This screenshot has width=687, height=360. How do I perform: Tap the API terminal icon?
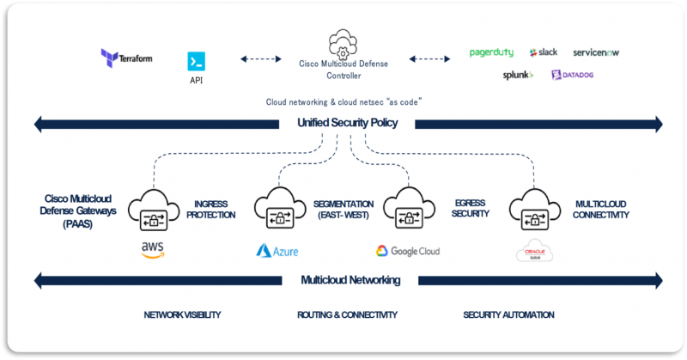tap(197, 61)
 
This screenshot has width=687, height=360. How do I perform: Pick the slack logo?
tap(544, 52)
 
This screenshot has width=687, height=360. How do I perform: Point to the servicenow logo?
tap(596, 52)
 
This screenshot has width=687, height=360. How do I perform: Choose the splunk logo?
tap(518, 76)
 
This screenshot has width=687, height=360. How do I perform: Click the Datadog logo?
tap(572, 76)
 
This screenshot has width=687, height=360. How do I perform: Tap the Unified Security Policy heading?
tap(347, 123)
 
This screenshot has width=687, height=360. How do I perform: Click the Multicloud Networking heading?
tap(350, 280)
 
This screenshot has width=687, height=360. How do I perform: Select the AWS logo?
tap(152, 249)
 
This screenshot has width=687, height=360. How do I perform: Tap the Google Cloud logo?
tap(407, 251)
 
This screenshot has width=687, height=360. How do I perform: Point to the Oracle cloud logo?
tap(531, 251)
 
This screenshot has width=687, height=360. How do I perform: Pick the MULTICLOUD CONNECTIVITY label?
tap(601, 209)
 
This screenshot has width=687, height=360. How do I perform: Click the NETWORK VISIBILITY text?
tap(182, 314)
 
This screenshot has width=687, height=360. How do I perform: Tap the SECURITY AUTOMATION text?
tap(508, 314)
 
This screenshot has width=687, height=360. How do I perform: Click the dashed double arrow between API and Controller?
tap(261, 59)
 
